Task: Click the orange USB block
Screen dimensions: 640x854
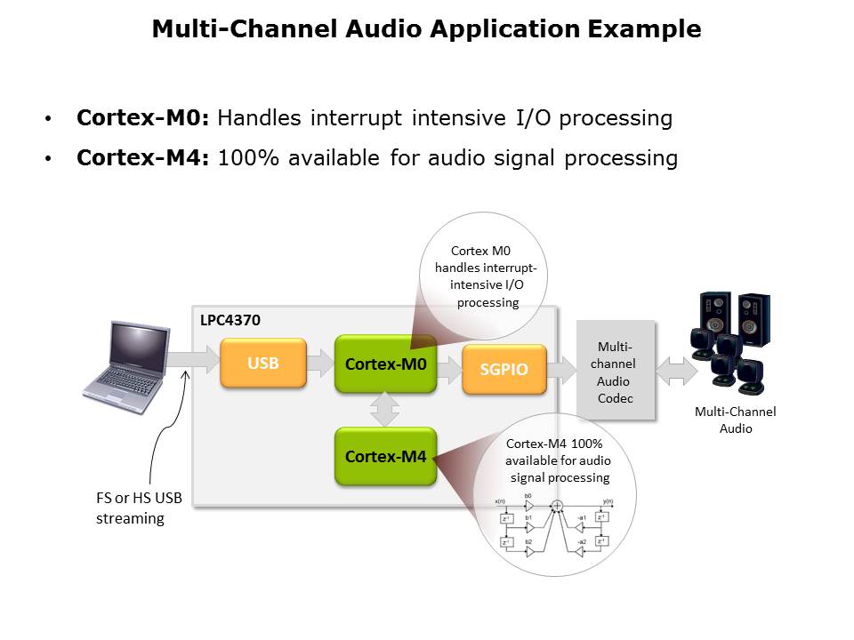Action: (263, 363)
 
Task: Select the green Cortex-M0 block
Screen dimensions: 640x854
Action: (385, 364)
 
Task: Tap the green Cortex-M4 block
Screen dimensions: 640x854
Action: (385, 456)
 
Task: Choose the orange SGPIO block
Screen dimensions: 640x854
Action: (504, 368)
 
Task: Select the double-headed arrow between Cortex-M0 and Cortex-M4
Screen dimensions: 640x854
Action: (384, 410)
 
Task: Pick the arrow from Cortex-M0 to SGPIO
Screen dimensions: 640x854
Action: (448, 364)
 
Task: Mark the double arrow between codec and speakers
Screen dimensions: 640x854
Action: (677, 369)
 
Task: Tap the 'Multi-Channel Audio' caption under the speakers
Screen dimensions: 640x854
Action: (735, 420)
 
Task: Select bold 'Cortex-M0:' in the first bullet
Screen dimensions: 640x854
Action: (142, 117)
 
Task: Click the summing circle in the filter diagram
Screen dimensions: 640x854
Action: (557, 506)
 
